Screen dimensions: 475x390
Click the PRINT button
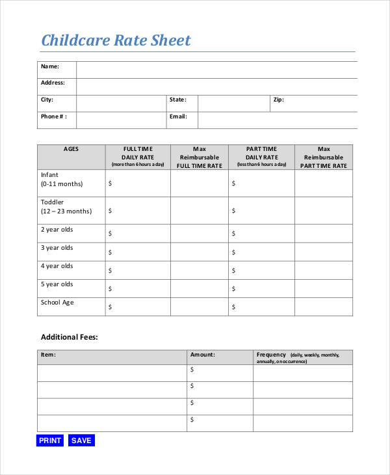pos(50,441)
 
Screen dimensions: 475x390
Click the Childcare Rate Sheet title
pos(116,40)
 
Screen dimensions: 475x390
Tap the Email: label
pos(178,116)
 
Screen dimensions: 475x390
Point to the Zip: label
pos(278,100)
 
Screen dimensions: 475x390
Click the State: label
pos(177,100)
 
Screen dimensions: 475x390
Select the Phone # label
pos(54,116)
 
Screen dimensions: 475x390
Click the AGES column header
pos(71,149)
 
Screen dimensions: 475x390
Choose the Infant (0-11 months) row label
pos(62,180)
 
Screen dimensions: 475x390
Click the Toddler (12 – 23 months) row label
pos(66,207)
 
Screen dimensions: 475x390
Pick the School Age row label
pos(58,302)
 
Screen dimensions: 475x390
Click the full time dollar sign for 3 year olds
pos(110,252)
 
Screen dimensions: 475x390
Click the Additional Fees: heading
pos(69,337)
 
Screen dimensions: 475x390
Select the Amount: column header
pos(202,355)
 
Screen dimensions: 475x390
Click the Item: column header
pos(48,355)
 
